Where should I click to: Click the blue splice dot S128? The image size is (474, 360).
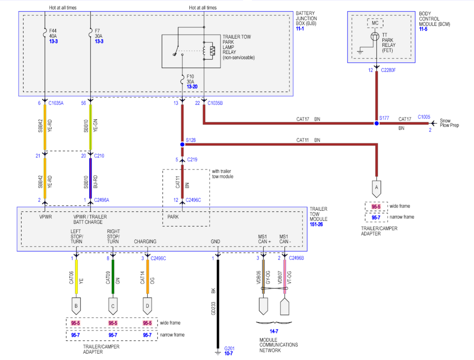(182, 144)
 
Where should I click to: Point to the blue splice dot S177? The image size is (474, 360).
(376, 123)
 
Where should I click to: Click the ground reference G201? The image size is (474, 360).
(229, 349)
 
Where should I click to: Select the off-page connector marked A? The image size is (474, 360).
(376, 188)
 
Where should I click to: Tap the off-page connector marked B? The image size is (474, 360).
(76, 306)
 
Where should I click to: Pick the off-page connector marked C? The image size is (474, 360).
(113, 306)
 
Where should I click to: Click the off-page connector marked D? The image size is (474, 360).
(147, 306)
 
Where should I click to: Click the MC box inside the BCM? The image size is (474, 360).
(375, 23)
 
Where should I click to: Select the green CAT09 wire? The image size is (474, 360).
(113, 277)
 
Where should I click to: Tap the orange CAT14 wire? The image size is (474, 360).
(148, 277)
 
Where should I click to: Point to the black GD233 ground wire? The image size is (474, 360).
(218, 303)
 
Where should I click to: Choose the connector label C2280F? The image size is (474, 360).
(388, 70)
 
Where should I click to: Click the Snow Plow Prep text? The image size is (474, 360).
(449, 123)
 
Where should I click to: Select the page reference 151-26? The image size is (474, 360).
(316, 224)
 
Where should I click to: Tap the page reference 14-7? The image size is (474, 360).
(274, 332)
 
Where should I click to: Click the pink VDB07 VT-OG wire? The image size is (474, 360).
(284, 277)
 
